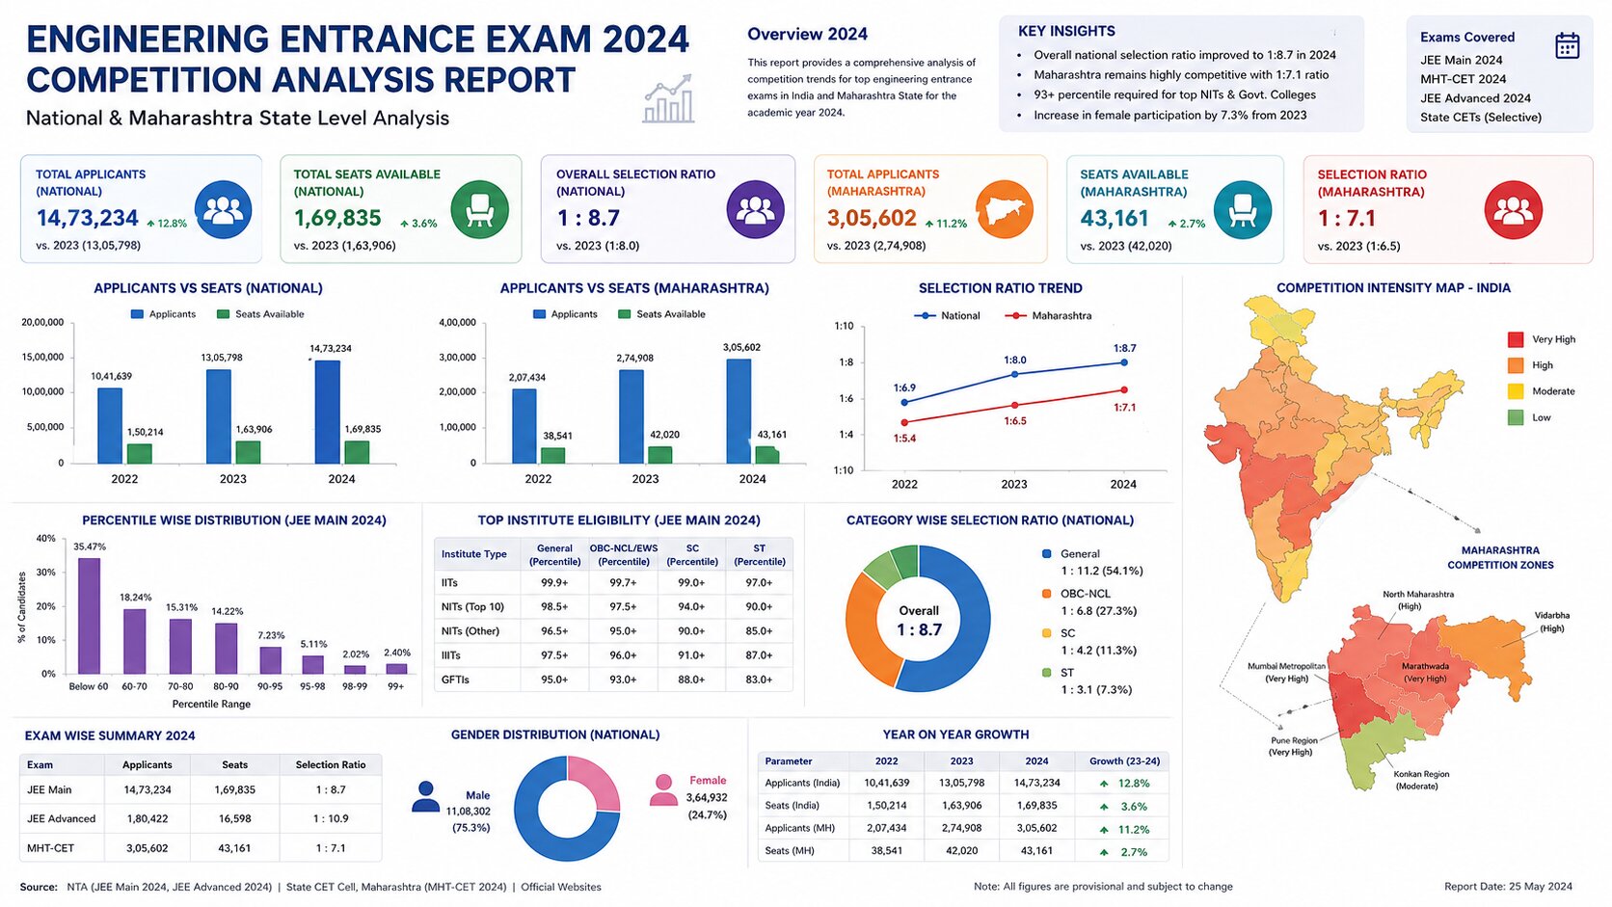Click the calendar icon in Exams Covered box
point(1567,45)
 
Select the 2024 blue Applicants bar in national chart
point(328,413)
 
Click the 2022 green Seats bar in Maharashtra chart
point(552,455)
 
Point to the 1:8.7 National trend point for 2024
point(1124,362)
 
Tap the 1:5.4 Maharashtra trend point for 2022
point(904,422)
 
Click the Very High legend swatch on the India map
point(1516,339)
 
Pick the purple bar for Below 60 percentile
point(89,616)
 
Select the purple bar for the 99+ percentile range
point(396,669)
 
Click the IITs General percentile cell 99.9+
point(554,582)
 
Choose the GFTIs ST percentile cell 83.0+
point(759,679)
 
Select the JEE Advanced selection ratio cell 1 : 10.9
point(331,818)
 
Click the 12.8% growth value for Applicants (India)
point(1134,784)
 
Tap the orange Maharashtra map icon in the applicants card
point(1005,209)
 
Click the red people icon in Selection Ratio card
point(1514,210)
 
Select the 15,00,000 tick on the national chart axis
point(42,357)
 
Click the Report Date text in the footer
point(1508,887)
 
